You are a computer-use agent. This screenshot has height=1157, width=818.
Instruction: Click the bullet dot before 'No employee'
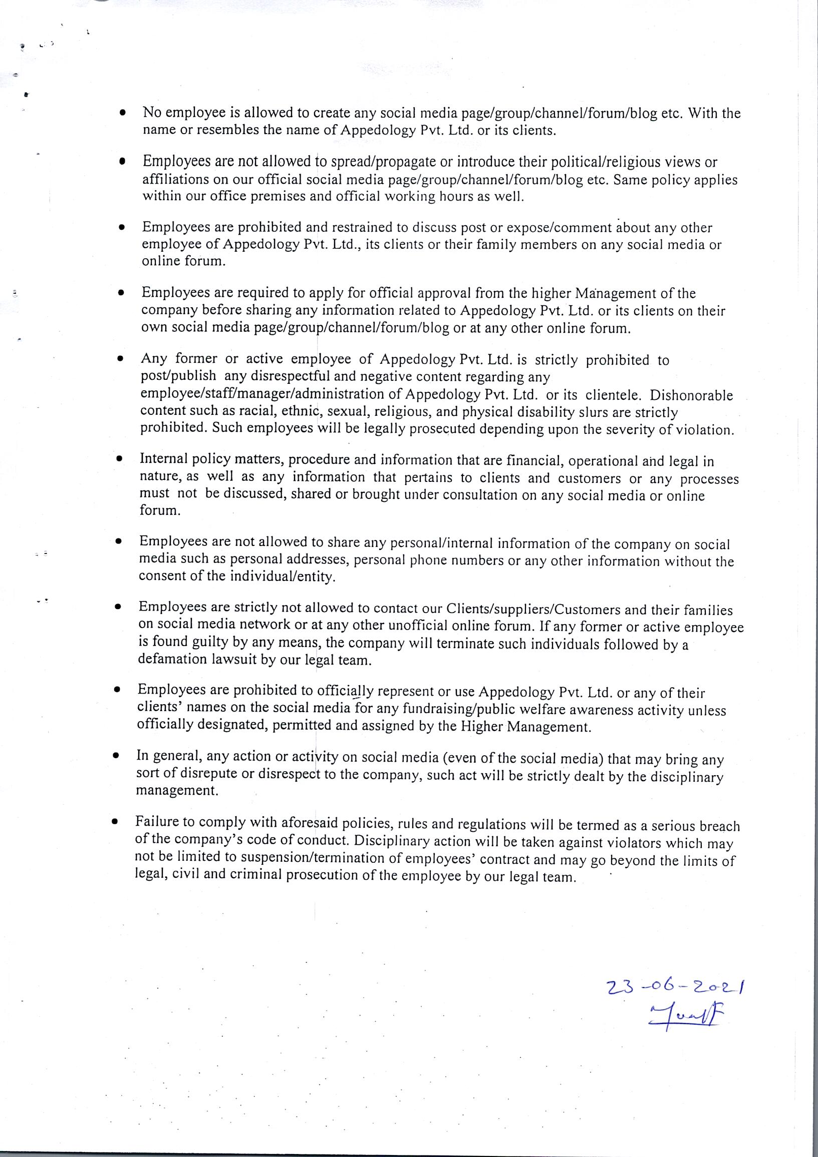pyautogui.click(x=122, y=114)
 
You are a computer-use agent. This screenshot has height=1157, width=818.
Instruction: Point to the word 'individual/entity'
pyautogui.click(x=283, y=577)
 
